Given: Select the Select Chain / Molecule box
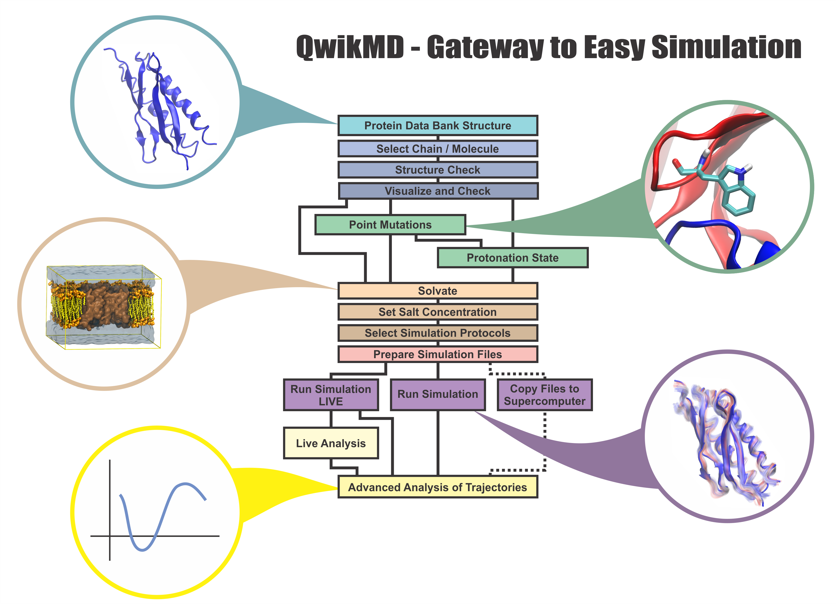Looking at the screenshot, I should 438,149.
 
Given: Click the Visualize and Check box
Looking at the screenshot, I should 438,191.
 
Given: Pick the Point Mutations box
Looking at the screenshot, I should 390,225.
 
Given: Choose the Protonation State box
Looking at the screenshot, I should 512,258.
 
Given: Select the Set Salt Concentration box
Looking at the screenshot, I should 438,312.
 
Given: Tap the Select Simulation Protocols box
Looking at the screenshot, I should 438,333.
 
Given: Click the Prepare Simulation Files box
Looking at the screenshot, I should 438,354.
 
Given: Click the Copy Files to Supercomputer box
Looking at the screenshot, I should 544,395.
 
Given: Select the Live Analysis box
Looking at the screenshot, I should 331,443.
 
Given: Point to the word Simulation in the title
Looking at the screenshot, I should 726,47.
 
